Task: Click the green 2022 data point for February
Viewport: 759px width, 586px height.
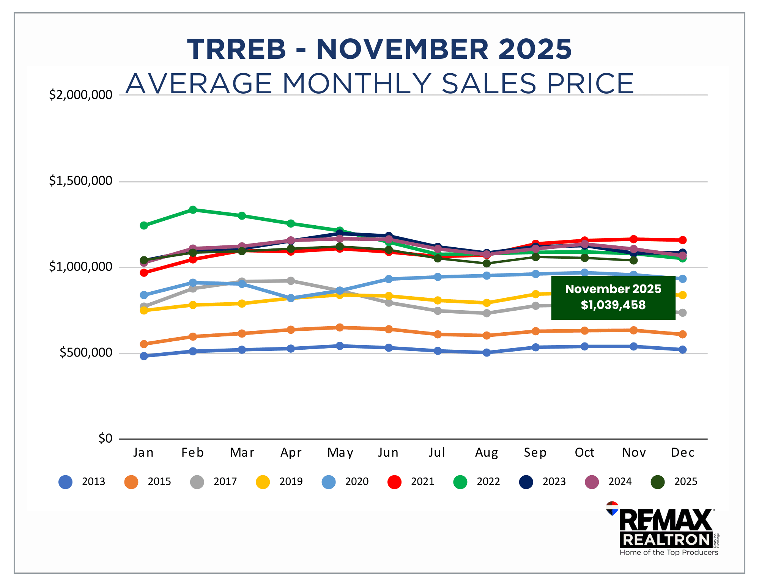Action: pos(193,210)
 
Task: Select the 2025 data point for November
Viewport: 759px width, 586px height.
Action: pos(633,260)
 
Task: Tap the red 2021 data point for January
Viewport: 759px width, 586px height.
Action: pos(144,273)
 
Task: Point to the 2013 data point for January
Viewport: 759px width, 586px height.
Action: pos(144,356)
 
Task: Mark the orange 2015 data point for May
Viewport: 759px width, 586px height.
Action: pos(340,327)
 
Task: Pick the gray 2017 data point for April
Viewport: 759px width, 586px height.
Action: pos(291,281)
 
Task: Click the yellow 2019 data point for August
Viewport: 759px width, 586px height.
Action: pos(487,303)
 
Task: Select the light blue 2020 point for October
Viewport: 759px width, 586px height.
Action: pos(584,272)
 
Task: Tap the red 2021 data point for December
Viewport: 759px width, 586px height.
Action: pos(682,240)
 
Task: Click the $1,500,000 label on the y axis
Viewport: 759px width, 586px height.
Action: pos(80,181)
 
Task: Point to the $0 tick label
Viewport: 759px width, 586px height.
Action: pos(105,439)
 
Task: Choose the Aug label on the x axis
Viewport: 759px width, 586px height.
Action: pos(487,452)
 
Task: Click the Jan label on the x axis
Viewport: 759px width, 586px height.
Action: pos(143,452)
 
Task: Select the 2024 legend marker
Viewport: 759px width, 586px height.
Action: pos(592,482)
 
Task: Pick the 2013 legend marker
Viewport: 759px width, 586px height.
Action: pos(66,482)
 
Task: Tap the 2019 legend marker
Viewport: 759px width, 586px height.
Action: pos(263,482)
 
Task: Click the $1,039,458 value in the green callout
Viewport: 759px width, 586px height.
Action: pos(613,305)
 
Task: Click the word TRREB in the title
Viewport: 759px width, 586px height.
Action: pos(236,49)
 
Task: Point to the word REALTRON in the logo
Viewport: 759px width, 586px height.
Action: pos(666,540)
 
